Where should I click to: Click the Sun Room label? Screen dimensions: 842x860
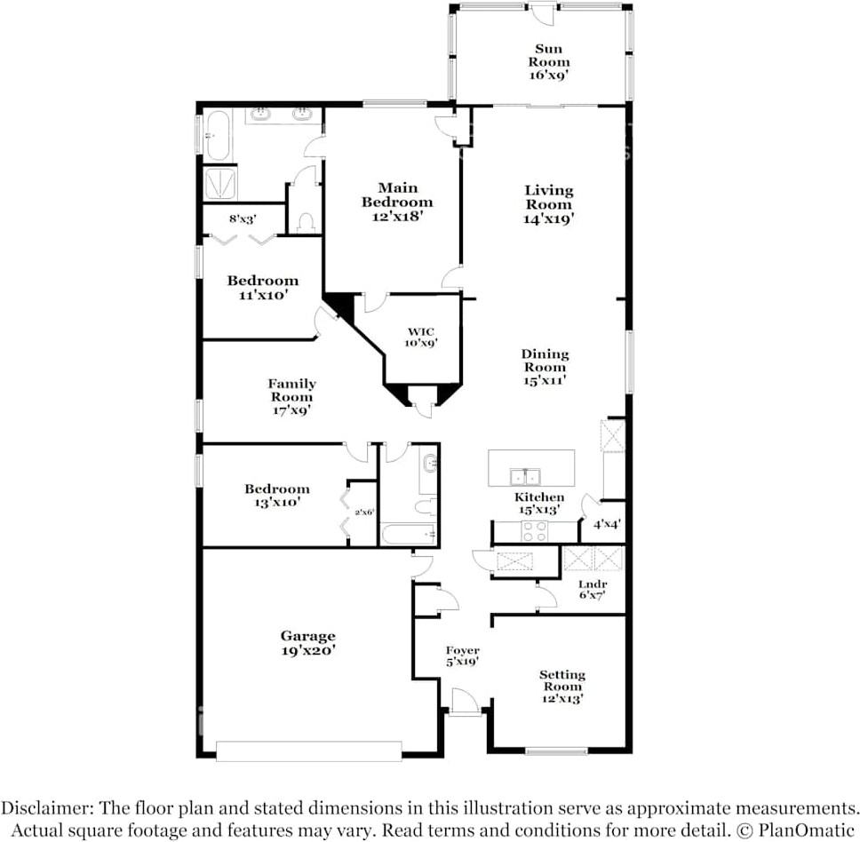548,62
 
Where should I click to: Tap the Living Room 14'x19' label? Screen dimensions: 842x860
548,204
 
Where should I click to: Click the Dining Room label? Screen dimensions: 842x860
545,367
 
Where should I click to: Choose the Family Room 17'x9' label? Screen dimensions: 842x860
291,397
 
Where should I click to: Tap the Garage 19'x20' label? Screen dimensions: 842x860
308,642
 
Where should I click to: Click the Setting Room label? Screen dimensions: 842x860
562,686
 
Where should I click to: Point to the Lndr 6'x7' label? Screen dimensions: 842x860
593,589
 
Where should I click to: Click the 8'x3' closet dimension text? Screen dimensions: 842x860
243,218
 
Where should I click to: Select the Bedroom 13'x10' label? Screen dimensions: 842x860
277,495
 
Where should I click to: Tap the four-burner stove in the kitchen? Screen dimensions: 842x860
533,531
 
